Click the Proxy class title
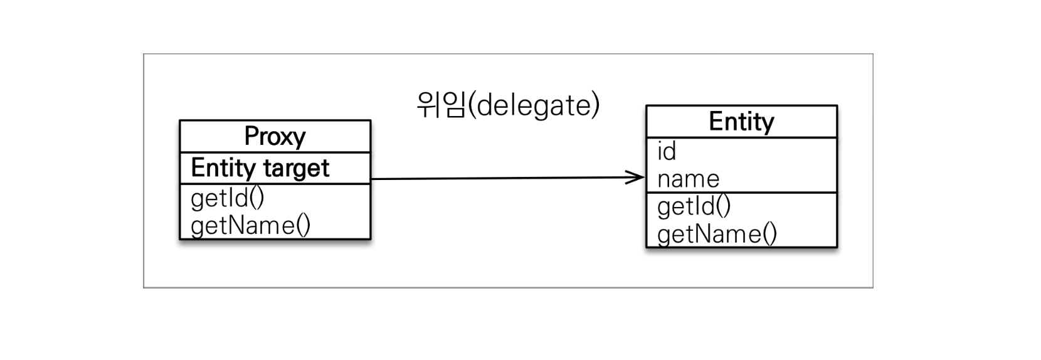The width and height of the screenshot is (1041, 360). [x=275, y=137]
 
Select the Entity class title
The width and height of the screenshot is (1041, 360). [x=741, y=121]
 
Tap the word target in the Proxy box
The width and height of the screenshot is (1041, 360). [x=296, y=168]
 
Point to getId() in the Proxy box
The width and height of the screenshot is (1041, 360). [x=227, y=198]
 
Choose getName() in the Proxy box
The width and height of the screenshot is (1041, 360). [x=250, y=226]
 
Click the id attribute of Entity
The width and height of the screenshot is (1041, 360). [x=667, y=151]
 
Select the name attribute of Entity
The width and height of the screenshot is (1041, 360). [x=689, y=179]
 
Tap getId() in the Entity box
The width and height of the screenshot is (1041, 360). [x=694, y=206]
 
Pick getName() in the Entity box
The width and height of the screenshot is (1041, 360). [x=717, y=234]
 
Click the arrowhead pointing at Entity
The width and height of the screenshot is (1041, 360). [x=635, y=177]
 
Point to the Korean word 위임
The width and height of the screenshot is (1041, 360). [x=441, y=105]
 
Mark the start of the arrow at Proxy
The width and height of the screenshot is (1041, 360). [x=371, y=179]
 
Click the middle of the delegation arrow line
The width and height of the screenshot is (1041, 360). [x=508, y=178]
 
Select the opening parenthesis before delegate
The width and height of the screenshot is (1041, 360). [x=472, y=105]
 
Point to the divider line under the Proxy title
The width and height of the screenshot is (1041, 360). [x=275, y=152]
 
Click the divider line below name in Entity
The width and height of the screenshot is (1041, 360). [x=742, y=193]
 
